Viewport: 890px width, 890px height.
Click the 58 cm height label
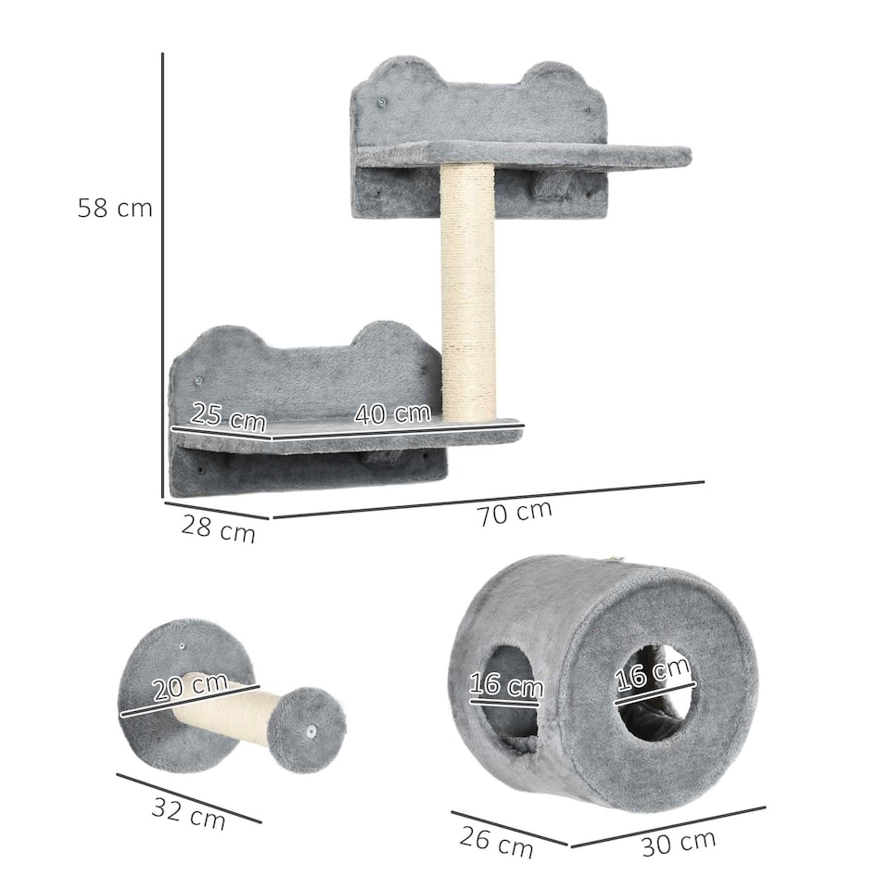(x=115, y=208)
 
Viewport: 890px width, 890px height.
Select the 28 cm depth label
(x=218, y=529)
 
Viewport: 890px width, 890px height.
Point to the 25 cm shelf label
(x=228, y=416)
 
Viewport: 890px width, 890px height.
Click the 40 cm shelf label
(x=391, y=413)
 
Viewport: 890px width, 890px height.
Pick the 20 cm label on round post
(x=189, y=688)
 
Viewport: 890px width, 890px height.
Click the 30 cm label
(x=679, y=843)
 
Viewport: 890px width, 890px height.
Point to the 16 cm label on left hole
(x=505, y=686)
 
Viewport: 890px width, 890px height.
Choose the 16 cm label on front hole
(x=655, y=672)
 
